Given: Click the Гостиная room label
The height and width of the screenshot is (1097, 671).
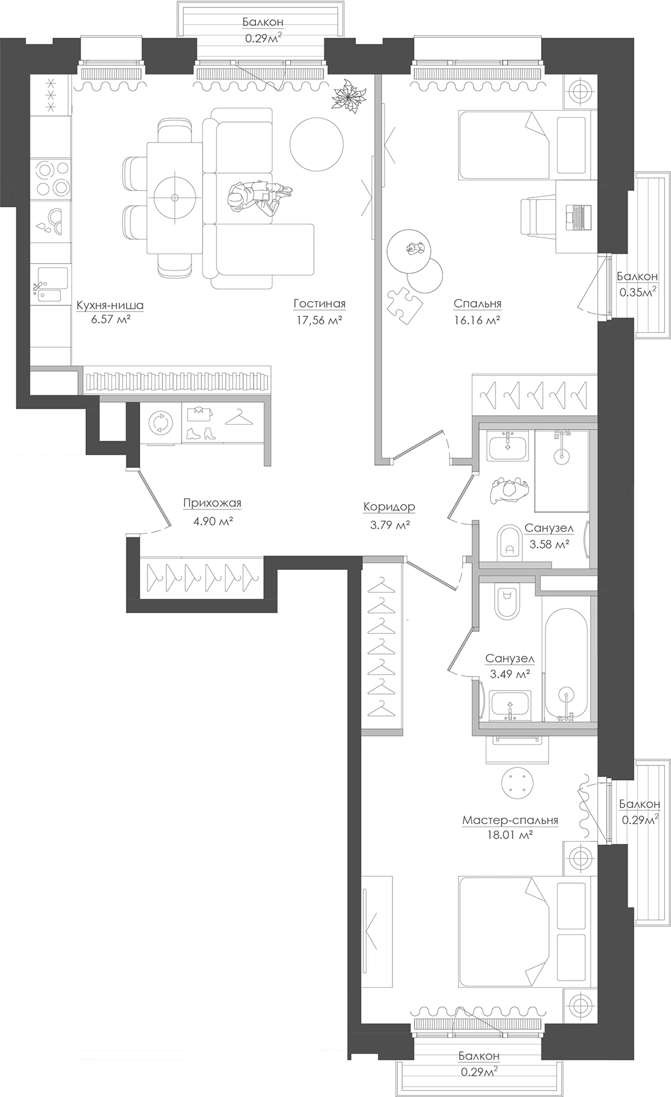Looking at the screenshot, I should (x=319, y=304).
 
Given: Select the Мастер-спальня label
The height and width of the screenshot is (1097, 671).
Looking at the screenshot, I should (x=509, y=820).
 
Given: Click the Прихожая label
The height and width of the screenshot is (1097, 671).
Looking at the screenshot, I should (x=212, y=503).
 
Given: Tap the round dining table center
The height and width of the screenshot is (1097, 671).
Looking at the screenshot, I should (x=175, y=197).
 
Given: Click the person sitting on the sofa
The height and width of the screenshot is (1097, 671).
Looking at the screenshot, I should (x=256, y=199).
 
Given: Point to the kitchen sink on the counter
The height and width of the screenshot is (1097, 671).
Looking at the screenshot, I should (x=49, y=285).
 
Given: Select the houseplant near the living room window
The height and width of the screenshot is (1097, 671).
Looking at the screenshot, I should (x=350, y=95).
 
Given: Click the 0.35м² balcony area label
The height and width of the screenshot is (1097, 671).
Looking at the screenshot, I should (x=637, y=292).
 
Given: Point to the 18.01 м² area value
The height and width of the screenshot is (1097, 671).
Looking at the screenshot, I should (x=509, y=836).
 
